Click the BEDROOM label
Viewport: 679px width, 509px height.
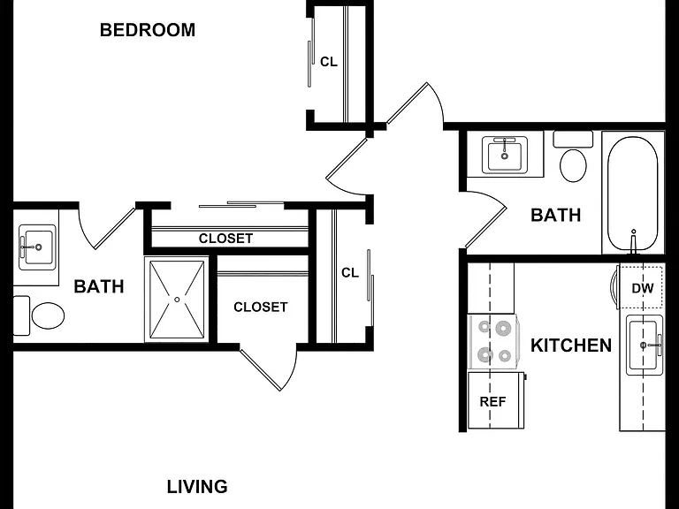click(148, 30)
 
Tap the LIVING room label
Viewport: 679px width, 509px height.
click(197, 487)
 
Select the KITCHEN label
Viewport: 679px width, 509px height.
click(571, 346)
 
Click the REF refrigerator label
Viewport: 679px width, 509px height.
click(492, 402)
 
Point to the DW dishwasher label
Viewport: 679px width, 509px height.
click(643, 288)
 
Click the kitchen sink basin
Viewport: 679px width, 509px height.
click(644, 345)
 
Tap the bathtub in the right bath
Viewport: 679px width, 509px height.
click(633, 194)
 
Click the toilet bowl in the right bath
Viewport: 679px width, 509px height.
click(573, 166)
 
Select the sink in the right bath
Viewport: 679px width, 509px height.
click(505, 155)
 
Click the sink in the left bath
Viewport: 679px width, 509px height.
click(37, 247)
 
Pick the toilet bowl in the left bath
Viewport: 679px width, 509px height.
click(48, 315)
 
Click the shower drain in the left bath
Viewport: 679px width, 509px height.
click(177, 300)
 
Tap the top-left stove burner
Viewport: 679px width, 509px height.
click(484, 327)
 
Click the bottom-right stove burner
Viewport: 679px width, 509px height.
click(505, 356)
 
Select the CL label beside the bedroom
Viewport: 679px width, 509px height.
click(329, 63)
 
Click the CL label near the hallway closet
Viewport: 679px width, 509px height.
click(350, 273)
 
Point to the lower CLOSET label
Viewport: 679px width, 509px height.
click(260, 308)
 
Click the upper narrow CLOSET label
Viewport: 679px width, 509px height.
click(225, 239)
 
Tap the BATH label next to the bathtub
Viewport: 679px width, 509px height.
click(556, 215)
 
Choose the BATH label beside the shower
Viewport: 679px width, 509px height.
click(99, 286)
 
